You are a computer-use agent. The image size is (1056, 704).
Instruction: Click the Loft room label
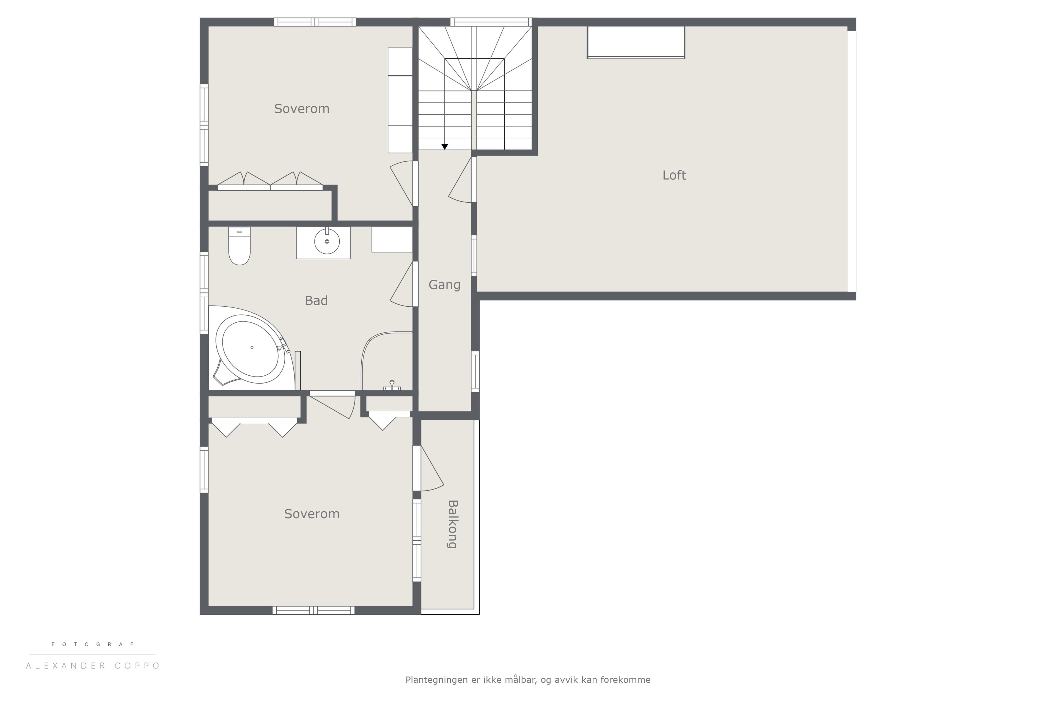tap(674, 175)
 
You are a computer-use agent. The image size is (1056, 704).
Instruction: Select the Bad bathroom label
tap(316, 300)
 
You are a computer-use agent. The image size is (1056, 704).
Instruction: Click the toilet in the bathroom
tap(239, 246)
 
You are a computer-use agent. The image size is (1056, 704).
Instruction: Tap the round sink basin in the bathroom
tap(327, 241)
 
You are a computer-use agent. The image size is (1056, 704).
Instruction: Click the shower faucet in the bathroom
tap(392, 385)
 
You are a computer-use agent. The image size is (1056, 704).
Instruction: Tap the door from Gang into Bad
tap(402, 284)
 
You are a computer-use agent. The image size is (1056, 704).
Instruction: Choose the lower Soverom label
tap(312, 514)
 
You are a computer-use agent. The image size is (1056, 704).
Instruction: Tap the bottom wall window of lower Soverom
tap(313, 610)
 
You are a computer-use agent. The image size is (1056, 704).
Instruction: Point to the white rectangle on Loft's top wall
tap(636, 42)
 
